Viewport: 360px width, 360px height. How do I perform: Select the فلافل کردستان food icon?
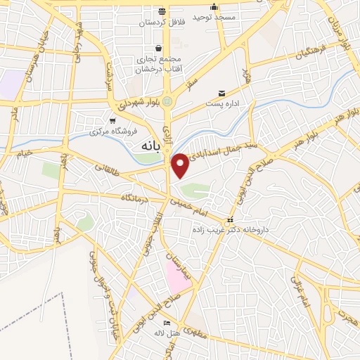162,11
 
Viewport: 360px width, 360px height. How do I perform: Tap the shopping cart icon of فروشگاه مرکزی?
112,120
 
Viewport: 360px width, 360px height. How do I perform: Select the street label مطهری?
199,336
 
